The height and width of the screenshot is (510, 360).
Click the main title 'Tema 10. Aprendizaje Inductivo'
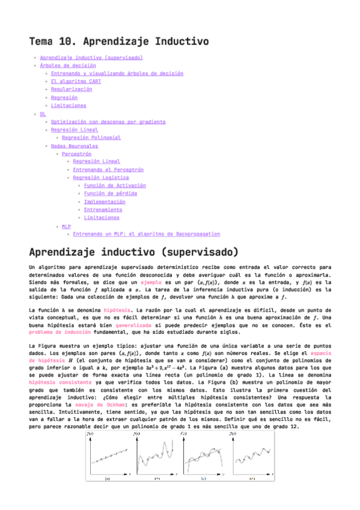click(x=118, y=41)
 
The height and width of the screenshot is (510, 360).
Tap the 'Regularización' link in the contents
click(x=72, y=89)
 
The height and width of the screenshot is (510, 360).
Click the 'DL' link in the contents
click(x=43, y=114)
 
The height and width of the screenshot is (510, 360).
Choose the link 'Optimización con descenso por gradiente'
click(x=108, y=121)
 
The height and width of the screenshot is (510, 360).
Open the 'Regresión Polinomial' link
click(x=91, y=138)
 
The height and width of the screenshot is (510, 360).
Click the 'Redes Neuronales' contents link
click(x=75, y=146)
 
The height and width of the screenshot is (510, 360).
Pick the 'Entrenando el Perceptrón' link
click(x=105, y=170)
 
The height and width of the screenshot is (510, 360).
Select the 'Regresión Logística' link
click(x=100, y=177)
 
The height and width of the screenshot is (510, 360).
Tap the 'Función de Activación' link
click(x=115, y=186)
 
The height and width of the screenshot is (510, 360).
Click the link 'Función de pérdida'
click(x=110, y=194)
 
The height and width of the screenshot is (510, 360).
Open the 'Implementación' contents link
click(x=105, y=201)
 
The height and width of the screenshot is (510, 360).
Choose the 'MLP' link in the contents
click(x=66, y=226)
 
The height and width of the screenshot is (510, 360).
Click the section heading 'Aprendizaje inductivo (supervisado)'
click(x=133, y=251)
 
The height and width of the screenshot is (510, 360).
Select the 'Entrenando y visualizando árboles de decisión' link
click(x=117, y=73)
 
